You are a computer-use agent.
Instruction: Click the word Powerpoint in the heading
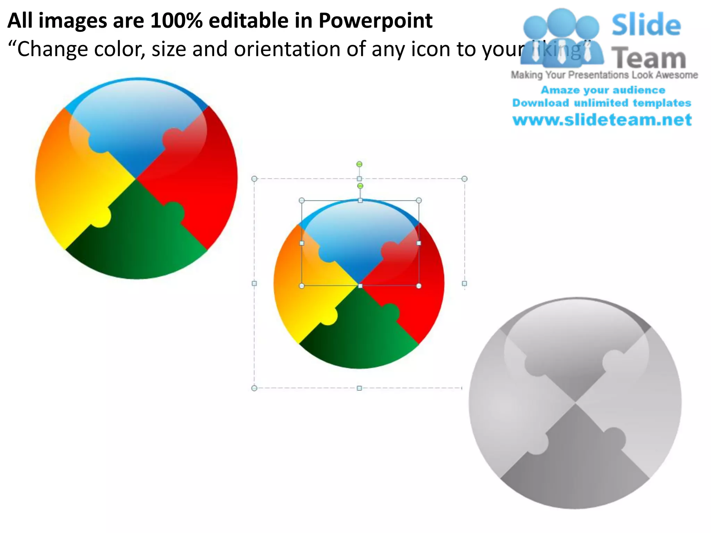(x=375, y=21)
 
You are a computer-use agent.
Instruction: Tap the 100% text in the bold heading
(x=176, y=21)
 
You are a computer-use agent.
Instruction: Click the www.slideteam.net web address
(x=602, y=120)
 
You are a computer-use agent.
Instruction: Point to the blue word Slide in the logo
(x=646, y=25)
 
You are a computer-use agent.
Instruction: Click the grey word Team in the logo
(x=649, y=58)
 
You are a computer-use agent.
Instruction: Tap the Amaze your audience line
(x=603, y=90)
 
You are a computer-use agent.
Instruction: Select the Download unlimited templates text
(x=602, y=103)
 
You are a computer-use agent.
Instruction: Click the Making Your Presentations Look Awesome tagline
(x=604, y=75)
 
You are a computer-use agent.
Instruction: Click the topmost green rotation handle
(x=359, y=164)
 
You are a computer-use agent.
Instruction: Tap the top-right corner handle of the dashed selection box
(x=465, y=179)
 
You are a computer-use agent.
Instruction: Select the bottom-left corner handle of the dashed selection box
(x=254, y=388)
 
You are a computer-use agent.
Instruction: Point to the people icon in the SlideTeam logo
(x=562, y=38)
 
